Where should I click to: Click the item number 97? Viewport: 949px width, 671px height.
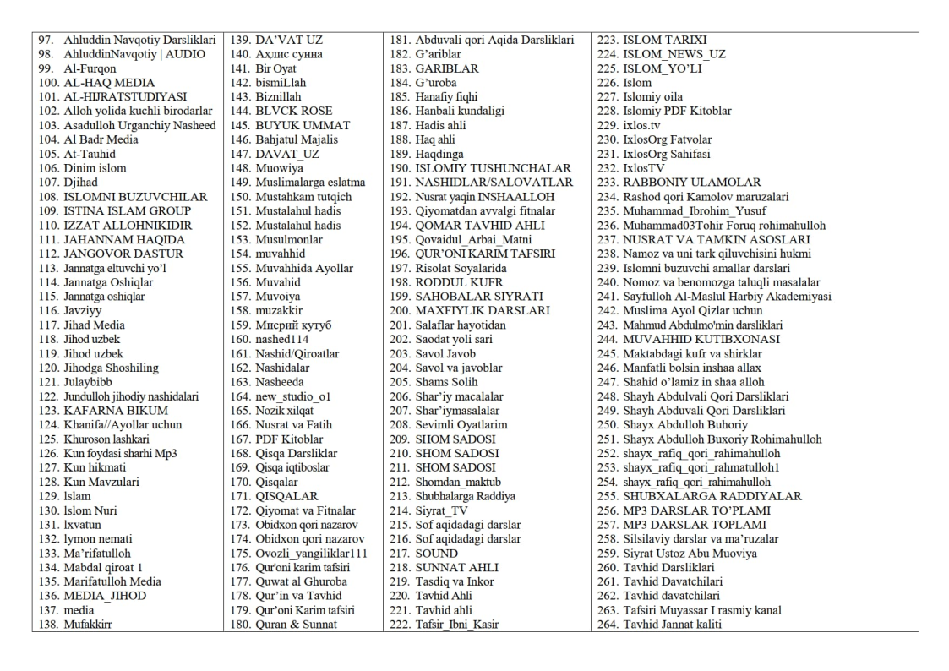coord(48,40)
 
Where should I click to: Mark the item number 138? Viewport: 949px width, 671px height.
coord(48,625)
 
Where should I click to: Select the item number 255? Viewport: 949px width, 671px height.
coord(608,496)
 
